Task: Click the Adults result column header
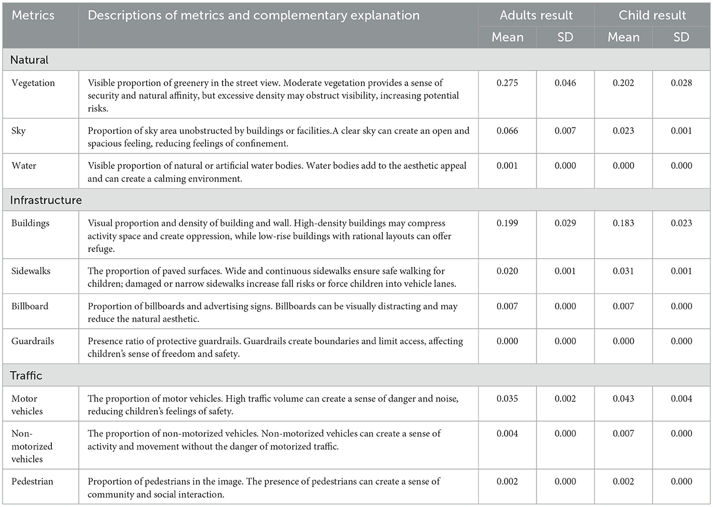pyautogui.click(x=536, y=15)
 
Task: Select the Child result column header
pyautogui.click(x=652, y=15)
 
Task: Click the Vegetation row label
pyautogui.click(x=33, y=83)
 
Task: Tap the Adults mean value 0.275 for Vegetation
pyautogui.click(x=507, y=83)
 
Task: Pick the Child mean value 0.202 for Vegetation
pyautogui.click(x=623, y=83)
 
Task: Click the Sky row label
pyautogui.click(x=19, y=131)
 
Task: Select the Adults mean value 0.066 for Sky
pyautogui.click(x=507, y=131)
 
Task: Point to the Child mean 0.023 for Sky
pyautogui.click(x=623, y=131)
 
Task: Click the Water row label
pyautogui.click(x=24, y=166)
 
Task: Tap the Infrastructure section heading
pyautogui.click(x=46, y=200)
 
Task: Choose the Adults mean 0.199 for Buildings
pyautogui.click(x=507, y=223)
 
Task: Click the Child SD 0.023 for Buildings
pyautogui.click(x=681, y=223)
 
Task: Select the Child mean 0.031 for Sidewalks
pyautogui.click(x=623, y=271)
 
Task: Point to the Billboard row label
pyautogui.click(x=30, y=306)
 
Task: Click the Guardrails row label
pyautogui.click(x=33, y=341)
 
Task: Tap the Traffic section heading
pyautogui.click(x=26, y=375)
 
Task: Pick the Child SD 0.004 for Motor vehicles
pyautogui.click(x=681, y=399)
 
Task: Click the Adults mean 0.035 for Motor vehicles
pyautogui.click(x=507, y=399)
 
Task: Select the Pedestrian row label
pyautogui.click(x=32, y=482)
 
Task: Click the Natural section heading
pyautogui.click(x=29, y=60)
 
